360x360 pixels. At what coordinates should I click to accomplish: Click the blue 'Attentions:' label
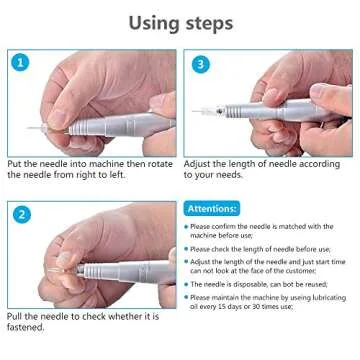212,209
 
